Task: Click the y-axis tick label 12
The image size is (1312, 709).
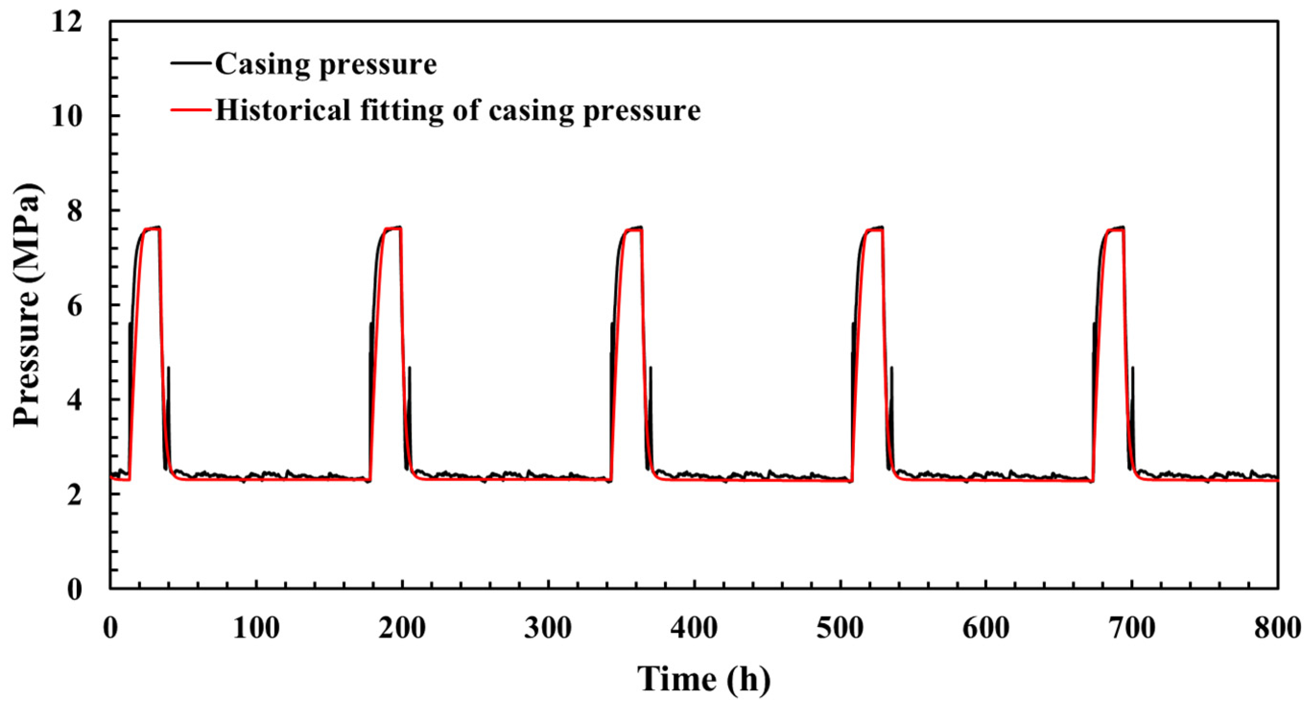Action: (67, 23)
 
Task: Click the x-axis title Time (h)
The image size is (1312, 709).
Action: (704, 679)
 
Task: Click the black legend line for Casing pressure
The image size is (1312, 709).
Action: (190, 63)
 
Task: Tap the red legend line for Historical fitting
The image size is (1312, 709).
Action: (190, 109)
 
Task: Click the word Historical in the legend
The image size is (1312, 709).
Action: (283, 109)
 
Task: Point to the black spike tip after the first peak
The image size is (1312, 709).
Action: (168, 368)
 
